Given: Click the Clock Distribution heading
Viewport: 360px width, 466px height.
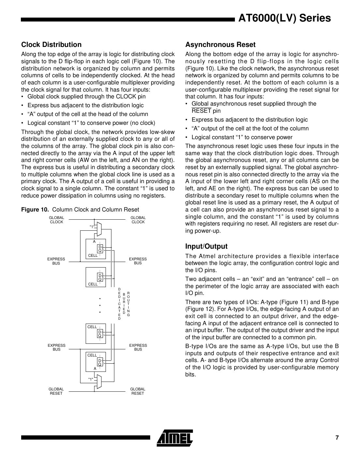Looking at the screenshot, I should click(x=51, y=45).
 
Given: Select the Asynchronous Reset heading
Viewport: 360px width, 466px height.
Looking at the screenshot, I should click(x=220, y=45).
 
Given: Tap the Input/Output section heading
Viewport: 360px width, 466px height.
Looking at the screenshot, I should click(x=206, y=246).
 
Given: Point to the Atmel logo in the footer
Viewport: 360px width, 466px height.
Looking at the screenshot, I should click(x=174, y=437).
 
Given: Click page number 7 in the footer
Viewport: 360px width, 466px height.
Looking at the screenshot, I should click(x=337, y=438).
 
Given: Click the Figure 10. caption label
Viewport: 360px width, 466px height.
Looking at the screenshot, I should click(x=35, y=210).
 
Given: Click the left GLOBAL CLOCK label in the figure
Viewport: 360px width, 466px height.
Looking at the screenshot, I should click(x=56, y=220).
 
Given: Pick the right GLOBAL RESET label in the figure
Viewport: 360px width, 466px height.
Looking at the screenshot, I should click(x=137, y=391).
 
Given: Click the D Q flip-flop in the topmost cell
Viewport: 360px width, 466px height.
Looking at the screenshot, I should click(x=100, y=249).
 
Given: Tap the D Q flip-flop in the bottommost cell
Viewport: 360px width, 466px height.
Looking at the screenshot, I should click(x=100, y=362).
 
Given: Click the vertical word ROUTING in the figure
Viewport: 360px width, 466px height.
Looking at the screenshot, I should click(x=128, y=304).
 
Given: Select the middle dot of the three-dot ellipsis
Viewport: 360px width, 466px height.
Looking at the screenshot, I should click(x=100, y=305).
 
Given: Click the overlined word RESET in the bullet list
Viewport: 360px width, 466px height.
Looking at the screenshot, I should click(x=201, y=111).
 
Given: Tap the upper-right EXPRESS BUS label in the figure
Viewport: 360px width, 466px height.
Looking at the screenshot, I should click(x=138, y=261).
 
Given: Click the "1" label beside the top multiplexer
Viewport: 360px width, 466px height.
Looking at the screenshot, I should click(x=92, y=226).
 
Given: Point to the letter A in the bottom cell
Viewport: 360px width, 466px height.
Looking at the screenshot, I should click(x=95, y=368).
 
